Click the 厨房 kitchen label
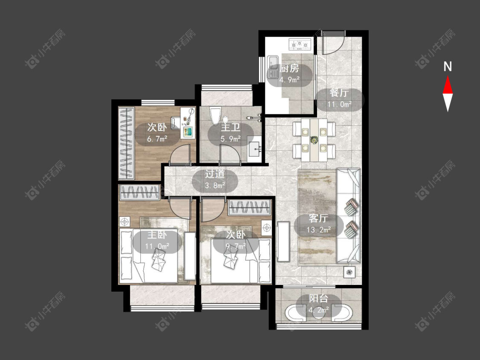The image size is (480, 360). click(x=289, y=68)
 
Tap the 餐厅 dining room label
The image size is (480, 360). click(x=340, y=93)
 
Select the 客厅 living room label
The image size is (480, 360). click(x=318, y=218)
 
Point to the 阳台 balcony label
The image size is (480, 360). click(x=318, y=299)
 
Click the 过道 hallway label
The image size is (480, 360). click(x=215, y=174)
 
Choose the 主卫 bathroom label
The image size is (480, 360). click(x=230, y=127)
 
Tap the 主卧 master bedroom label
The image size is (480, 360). click(x=157, y=235)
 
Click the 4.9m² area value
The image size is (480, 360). click(x=289, y=80)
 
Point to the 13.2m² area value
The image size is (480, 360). click(x=319, y=229)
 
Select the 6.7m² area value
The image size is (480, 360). click(x=157, y=139)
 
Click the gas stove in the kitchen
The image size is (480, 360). click(x=300, y=44)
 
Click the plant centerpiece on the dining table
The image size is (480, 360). click(x=314, y=140)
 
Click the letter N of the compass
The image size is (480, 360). click(x=448, y=67)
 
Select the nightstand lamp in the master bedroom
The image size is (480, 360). click(x=125, y=221)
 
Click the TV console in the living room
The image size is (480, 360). click(x=283, y=241)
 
